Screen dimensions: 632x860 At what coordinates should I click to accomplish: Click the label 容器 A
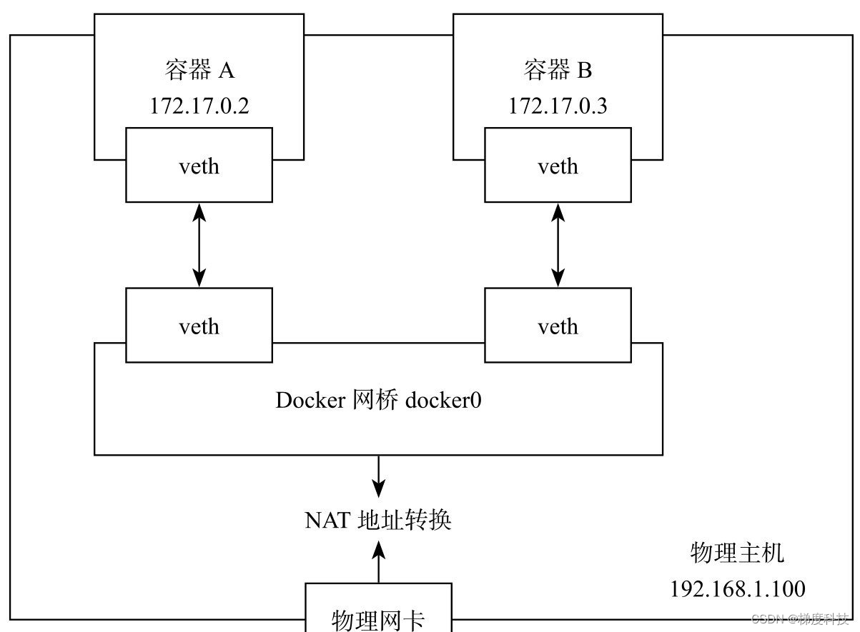tap(199, 70)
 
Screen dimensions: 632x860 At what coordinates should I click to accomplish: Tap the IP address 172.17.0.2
tap(199, 106)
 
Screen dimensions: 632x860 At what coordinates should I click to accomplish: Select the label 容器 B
tap(558, 70)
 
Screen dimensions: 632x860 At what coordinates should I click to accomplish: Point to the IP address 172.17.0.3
tap(558, 106)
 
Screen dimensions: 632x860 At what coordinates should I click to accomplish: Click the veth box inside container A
tap(199, 166)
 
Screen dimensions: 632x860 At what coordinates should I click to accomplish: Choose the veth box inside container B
tap(558, 166)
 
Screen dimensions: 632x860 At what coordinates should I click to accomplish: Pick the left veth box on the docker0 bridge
tap(199, 326)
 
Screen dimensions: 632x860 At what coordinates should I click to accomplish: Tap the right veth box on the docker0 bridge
tap(558, 326)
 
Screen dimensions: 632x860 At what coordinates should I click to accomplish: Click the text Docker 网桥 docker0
tap(378, 400)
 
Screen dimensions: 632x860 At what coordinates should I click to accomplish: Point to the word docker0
tap(443, 400)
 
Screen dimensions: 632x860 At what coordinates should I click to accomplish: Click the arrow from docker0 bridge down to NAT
tap(378, 477)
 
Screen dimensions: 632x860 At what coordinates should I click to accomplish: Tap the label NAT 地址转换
tap(378, 520)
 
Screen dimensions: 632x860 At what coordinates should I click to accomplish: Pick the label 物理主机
tap(737, 553)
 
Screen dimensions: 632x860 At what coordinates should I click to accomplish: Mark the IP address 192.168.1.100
tap(737, 588)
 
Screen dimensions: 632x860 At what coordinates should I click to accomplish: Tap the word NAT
tap(328, 520)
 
